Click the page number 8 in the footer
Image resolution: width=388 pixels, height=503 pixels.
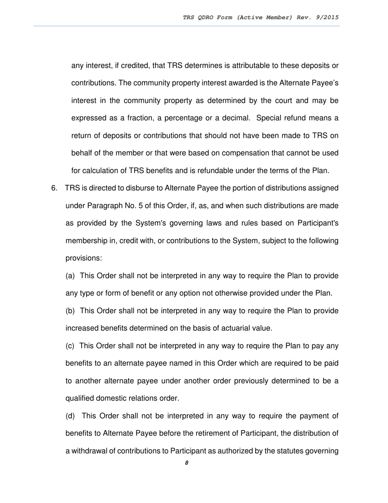click(x=186, y=463)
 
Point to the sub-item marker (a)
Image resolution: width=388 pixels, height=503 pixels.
click(x=70, y=276)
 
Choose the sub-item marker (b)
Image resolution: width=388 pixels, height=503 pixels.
click(x=70, y=311)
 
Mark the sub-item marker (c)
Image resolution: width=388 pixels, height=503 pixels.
click(x=70, y=346)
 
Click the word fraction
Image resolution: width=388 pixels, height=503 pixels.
click(x=140, y=118)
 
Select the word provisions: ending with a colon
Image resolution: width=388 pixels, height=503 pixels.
click(x=83, y=258)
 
